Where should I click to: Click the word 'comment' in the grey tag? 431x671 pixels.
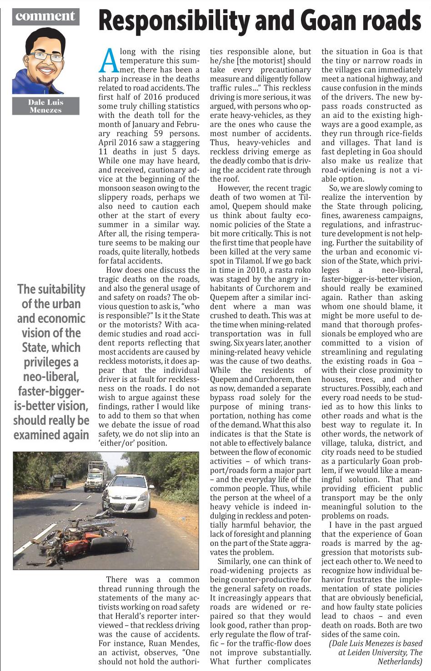click(45, 16)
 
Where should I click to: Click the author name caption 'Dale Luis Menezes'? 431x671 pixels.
click(46, 106)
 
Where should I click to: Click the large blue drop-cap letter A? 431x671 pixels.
click(108, 61)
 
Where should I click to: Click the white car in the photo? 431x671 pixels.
click(129, 495)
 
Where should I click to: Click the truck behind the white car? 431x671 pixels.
click(96, 476)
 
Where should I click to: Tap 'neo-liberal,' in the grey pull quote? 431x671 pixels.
click(51, 376)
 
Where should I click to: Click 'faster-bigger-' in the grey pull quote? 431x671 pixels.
click(51, 391)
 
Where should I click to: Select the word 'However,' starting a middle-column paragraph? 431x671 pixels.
click(233, 188)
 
